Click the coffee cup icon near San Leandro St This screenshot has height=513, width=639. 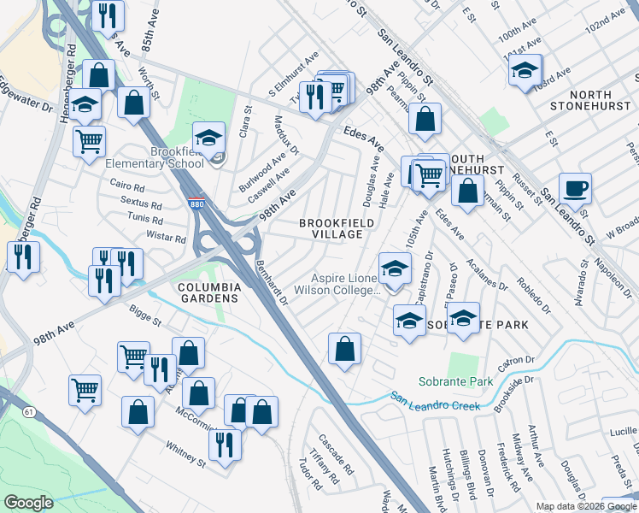[x=574, y=188]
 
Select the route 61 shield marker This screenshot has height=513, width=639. [x=29, y=412]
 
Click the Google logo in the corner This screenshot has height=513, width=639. [x=29, y=503]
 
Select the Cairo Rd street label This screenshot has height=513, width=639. [x=129, y=183]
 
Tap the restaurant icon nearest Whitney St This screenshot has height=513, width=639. [x=225, y=445]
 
